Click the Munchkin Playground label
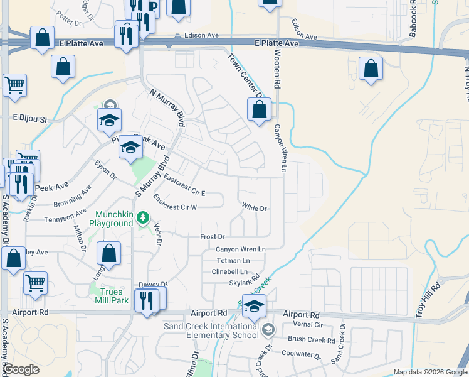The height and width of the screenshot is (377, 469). (x=114, y=218)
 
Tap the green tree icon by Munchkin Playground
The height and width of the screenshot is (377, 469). (x=144, y=217)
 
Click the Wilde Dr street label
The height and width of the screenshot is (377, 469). (x=255, y=208)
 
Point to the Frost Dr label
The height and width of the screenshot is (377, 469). (x=212, y=237)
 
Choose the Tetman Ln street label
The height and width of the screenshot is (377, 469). (x=233, y=260)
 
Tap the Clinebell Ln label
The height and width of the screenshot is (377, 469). (x=230, y=271)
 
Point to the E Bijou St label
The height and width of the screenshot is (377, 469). (x=30, y=118)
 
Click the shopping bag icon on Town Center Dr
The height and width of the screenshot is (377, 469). (x=259, y=109)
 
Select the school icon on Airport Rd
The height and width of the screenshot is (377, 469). (x=254, y=307)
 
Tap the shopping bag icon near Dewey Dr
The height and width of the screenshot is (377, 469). (x=109, y=253)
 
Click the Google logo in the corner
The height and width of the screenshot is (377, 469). (x=21, y=369)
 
